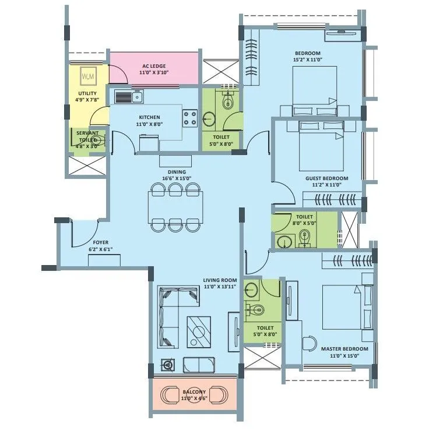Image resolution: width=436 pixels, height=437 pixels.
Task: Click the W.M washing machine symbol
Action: coord(89,76)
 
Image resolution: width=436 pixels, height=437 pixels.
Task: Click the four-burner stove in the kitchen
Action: coord(190,118)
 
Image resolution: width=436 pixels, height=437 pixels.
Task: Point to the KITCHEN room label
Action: coord(149,117)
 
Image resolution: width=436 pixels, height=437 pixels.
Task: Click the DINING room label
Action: coord(177,172)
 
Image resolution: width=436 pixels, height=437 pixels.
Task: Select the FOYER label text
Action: coord(100,242)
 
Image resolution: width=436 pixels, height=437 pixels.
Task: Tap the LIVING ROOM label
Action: coord(220,280)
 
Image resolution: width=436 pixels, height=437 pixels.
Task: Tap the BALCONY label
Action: coord(194,392)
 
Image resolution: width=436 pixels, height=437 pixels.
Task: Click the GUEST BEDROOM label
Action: coord(326,178)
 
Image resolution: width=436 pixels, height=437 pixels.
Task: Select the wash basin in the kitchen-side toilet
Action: coord(209,119)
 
